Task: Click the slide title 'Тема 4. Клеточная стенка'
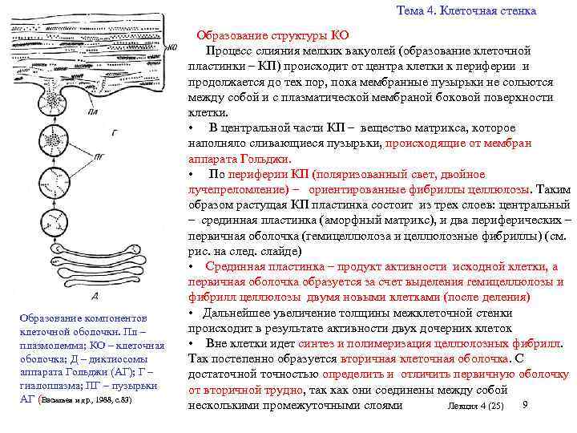[x=466, y=10]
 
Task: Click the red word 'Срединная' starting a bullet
[x=234, y=266]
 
